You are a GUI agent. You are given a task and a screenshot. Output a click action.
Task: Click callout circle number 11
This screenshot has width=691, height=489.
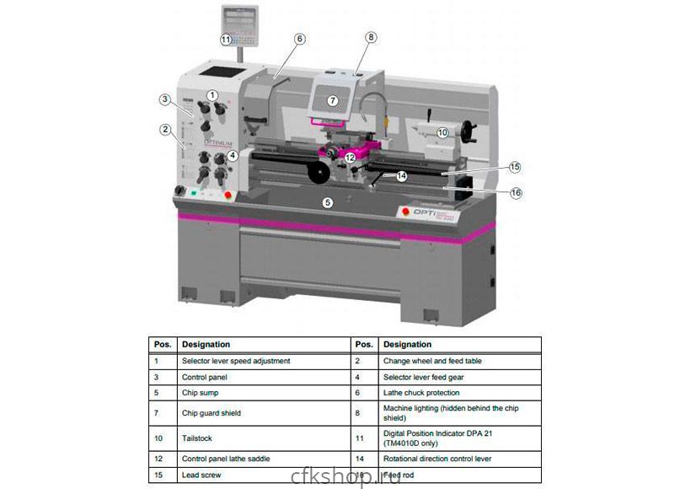tap(226, 40)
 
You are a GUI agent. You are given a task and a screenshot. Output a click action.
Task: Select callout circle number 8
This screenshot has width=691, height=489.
tap(371, 37)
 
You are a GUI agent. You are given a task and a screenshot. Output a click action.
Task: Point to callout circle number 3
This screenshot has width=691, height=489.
tap(165, 99)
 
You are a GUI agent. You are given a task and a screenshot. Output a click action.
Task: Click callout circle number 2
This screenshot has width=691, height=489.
tap(165, 130)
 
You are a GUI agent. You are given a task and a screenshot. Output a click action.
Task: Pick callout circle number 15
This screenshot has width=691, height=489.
tap(515, 167)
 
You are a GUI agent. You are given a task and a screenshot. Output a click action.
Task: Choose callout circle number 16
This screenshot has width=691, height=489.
tap(516, 193)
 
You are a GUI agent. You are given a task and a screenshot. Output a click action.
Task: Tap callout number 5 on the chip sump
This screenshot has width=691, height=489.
tap(329, 202)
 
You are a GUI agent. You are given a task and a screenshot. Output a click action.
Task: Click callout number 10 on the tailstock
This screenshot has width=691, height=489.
tap(443, 132)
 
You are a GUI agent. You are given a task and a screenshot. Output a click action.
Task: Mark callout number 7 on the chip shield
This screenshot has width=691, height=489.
tap(332, 100)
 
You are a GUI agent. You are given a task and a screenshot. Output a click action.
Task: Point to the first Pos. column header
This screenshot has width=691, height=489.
tap(163, 344)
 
